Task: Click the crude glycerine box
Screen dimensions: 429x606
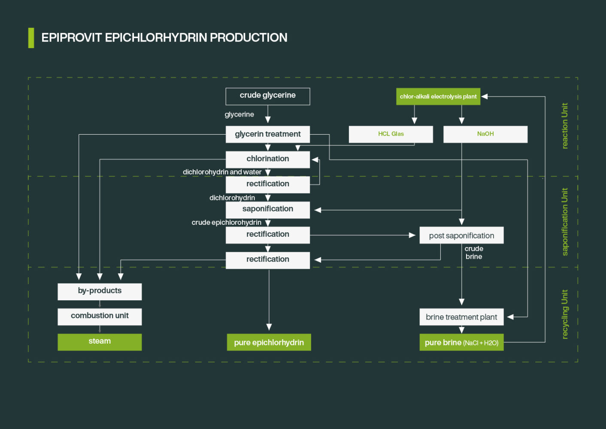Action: coord(267,96)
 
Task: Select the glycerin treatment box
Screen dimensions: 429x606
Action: coord(267,134)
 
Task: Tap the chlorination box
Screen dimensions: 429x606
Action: coord(267,159)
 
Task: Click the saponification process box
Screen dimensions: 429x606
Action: coord(267,209)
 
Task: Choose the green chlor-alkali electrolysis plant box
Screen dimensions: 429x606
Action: coord(438,97)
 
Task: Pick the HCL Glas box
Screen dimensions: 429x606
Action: coord(391,134)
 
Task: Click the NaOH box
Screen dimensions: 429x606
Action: coord(485,134)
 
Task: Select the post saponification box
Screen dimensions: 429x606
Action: coord(461,236)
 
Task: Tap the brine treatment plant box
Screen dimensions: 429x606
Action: coord(461,317)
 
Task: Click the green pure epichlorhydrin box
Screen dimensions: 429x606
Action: coord(269,342)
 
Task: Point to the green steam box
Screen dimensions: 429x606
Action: coord(100,342)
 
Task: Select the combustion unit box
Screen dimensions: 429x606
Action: coord(100,316)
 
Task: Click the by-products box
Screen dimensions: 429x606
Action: coord(100,291)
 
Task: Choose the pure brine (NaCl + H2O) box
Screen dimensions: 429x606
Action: coord(461,342)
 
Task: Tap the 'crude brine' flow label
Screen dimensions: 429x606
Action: coord(474,253)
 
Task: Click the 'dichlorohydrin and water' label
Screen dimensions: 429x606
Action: coord(222,172)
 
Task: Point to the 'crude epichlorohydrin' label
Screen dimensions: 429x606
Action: coord(226,222)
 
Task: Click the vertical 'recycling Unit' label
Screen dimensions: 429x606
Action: coord(565,314)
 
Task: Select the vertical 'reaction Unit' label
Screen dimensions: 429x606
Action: coord(565,126)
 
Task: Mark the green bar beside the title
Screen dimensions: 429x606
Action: coord(31,38)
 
